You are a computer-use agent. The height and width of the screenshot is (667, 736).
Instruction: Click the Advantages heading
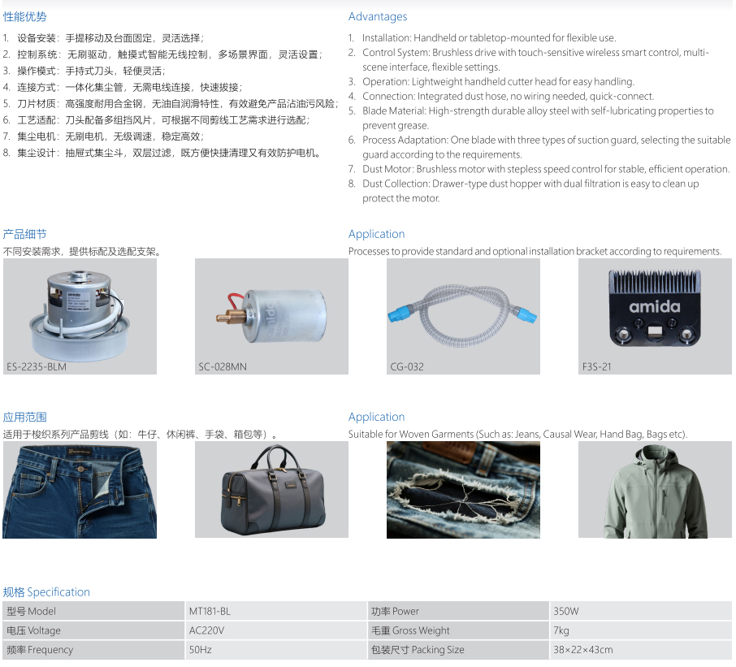point(378,16)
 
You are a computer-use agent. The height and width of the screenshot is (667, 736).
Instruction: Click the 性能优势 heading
point(25,17)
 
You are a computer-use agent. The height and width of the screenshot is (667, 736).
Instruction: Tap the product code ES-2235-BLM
point(36,366)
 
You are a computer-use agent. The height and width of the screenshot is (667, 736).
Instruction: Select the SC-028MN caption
point(223,366)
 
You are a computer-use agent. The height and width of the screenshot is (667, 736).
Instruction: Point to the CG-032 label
point(407,366)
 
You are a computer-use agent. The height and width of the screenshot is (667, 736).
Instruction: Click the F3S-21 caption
point(596,366)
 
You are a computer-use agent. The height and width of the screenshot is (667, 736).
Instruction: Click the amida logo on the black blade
point(654,307)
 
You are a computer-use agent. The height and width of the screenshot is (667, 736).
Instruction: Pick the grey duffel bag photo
point(273,491)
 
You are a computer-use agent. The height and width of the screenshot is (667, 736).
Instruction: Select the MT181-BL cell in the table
point(210,611)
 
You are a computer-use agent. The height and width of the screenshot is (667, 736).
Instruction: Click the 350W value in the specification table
point(566,611)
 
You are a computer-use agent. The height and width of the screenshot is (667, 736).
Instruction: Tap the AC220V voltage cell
point(206,630)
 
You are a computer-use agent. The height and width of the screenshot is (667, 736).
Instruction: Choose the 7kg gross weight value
point(561,630)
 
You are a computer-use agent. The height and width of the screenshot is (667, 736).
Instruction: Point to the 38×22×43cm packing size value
point(583,650)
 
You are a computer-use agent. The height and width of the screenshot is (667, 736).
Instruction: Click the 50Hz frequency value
point(201,650)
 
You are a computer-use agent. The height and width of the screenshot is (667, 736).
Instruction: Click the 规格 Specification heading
point(46,592)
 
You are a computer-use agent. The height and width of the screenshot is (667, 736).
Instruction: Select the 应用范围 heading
point(25,417)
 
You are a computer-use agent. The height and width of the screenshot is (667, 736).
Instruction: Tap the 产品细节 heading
point(25,234)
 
